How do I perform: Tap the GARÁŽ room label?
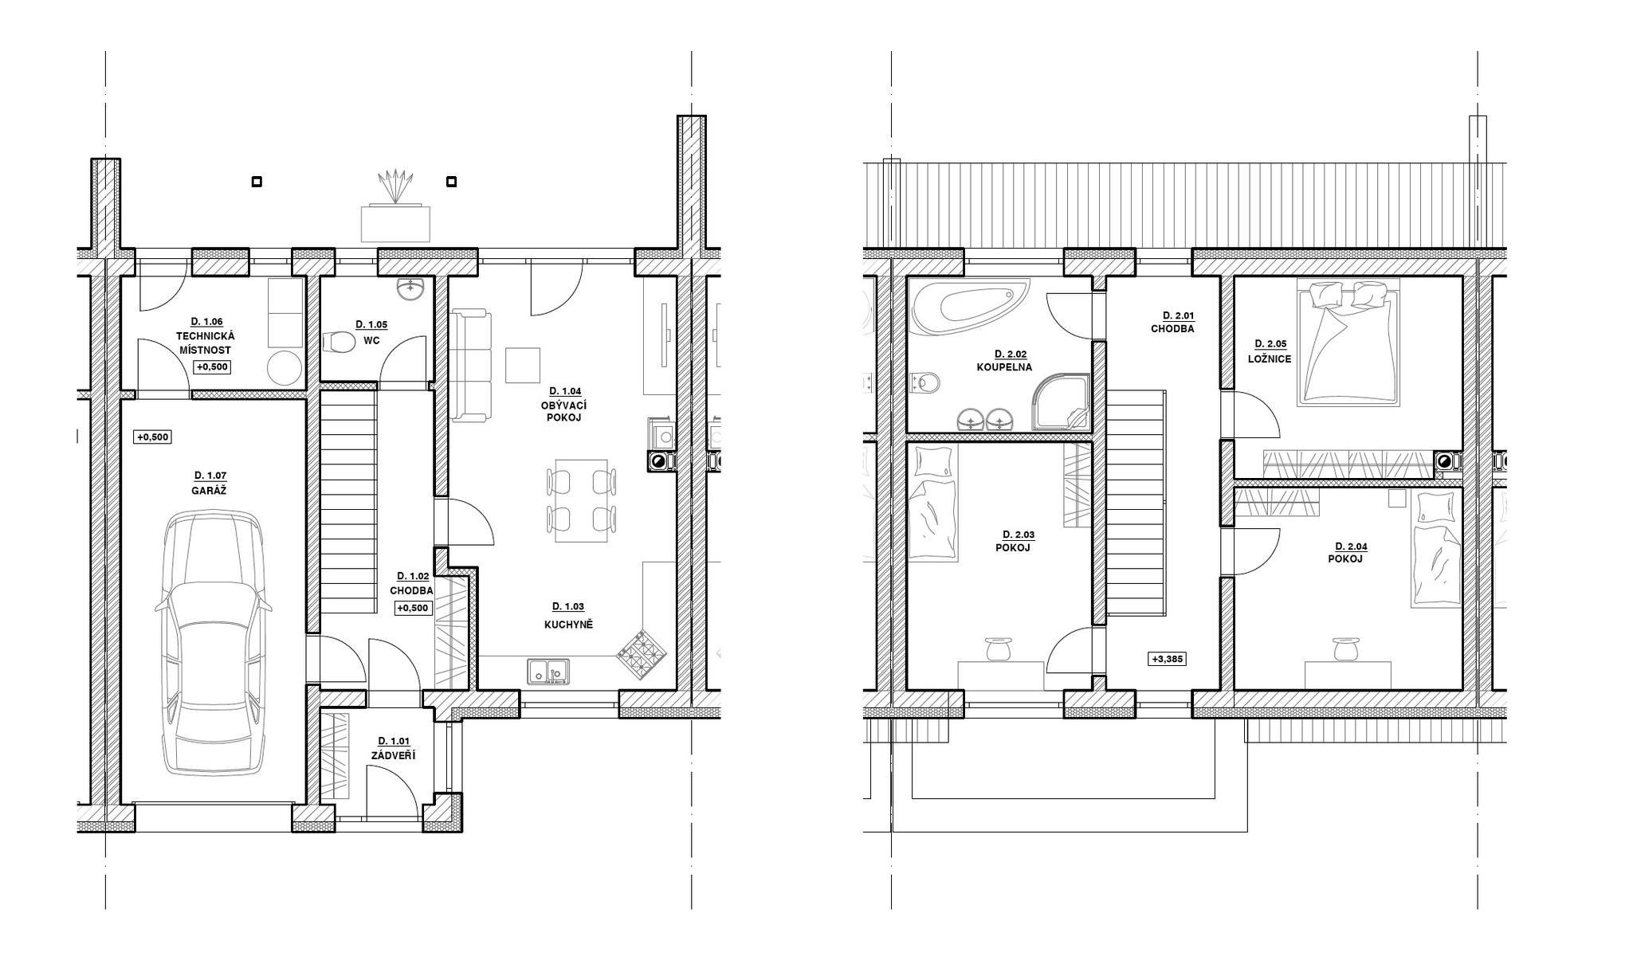[209, 491]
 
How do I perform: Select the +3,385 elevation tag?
[1168, 659]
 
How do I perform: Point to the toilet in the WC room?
[340, 343]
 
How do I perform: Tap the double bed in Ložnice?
[1348, 343]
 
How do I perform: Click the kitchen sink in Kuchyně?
[548, 671]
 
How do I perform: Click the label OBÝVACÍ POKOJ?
[564, 411]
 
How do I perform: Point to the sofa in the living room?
[471, 366]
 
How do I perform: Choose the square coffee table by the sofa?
[523, 366]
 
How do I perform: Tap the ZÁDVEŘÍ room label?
[393, 755]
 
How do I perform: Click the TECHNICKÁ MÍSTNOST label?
[206, 343]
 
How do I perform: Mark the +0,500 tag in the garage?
[153, 437]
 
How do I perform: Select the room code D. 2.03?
[1012, 535]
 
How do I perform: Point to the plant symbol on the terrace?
[396, 187]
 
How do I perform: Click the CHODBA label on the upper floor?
[1172, 328]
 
